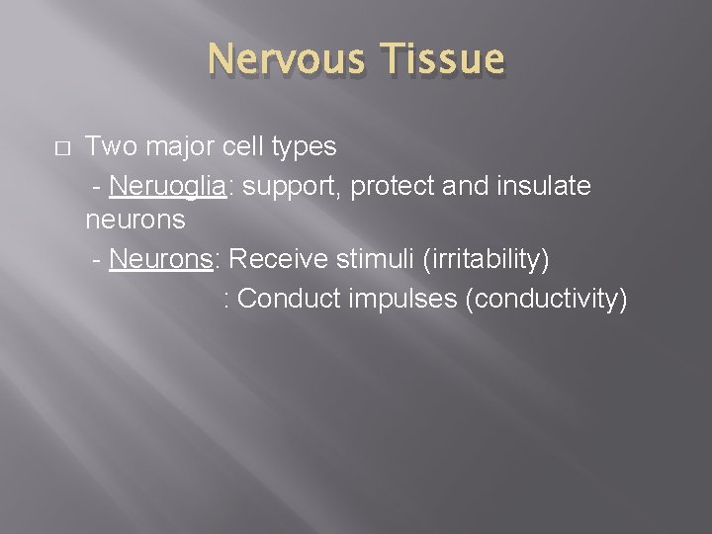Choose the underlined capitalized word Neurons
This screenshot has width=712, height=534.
click(x=164, y=259)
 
